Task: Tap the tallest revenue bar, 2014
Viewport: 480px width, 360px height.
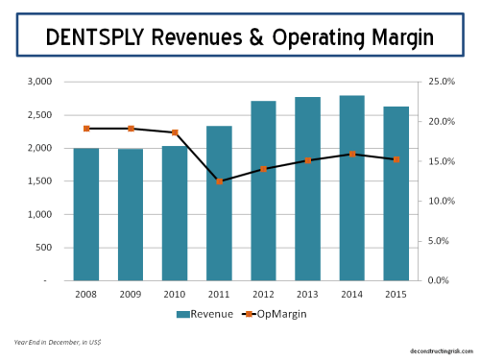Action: [352, 188]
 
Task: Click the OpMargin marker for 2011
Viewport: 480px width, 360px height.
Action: [219, 180]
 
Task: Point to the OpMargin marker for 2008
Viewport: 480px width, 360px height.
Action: [86, 128]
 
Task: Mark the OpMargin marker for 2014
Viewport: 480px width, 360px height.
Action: [352, 154]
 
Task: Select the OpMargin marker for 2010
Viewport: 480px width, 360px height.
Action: [175, 132]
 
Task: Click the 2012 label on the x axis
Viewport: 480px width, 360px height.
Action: [263, 293]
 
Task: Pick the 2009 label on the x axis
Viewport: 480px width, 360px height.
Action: [131, 293]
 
